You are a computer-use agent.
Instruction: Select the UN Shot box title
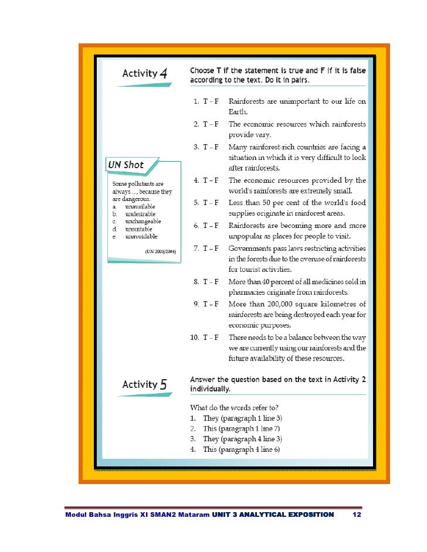pos(126,165)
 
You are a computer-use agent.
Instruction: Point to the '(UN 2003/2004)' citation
pos(161,251)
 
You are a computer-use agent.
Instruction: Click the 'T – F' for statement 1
pos(211,101)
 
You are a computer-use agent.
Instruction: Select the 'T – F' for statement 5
pos(211,202)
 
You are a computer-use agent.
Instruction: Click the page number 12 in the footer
pos(355,515)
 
